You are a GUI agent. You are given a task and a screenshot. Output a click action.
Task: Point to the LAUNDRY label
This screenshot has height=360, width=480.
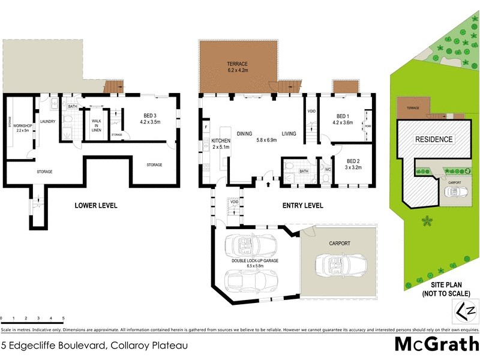point(47,121)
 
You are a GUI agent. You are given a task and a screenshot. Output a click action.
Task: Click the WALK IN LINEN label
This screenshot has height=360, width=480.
point(96,125)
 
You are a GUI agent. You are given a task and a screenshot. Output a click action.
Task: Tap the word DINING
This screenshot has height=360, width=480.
point(244,134)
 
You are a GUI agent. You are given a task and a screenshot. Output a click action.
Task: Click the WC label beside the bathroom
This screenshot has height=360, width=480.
point(328,169)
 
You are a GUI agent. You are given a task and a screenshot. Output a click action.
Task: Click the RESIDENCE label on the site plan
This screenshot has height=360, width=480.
point(434,139)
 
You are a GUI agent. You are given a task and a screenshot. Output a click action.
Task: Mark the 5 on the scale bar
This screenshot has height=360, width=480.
point(63,317)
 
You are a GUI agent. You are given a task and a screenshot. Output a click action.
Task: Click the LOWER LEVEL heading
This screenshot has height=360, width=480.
point(95,206)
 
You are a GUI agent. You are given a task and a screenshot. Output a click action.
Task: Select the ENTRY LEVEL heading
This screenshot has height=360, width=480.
point(303,206)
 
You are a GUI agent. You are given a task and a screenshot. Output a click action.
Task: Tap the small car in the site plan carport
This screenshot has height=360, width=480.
point(454,192)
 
